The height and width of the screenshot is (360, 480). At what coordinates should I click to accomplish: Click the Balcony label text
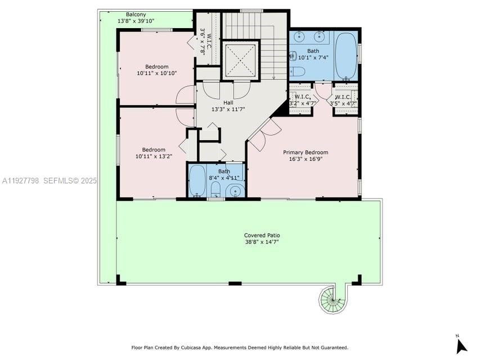(x=136, y=14)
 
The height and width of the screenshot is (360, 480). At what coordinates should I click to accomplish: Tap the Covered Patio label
(x=262, y=235)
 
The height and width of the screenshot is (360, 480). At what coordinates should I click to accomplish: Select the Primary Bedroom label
(x=305, y=152)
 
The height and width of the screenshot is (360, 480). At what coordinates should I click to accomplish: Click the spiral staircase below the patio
(x=331, y=299)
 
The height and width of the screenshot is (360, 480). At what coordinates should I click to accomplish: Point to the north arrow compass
(x=461, y=344)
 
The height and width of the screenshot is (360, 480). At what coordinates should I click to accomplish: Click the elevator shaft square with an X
(x=240, y=59)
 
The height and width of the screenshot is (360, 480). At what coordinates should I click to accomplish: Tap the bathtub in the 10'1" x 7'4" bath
(x=346, y=55)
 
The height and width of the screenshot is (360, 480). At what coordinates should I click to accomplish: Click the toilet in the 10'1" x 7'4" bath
(x=297, y=71)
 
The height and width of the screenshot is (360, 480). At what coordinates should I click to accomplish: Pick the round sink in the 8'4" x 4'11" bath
(x=235, y=192)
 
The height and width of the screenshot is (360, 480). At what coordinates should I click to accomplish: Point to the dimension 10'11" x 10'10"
(x=156, y=73)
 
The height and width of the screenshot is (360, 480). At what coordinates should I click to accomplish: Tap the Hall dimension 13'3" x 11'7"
(x=228, y=109)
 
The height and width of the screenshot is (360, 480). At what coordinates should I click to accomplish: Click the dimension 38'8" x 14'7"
(x=262, y=242)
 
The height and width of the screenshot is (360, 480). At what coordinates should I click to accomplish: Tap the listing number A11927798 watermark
(x=21, y=181)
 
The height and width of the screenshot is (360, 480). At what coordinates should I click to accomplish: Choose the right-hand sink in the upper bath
(x=321, y=37)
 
